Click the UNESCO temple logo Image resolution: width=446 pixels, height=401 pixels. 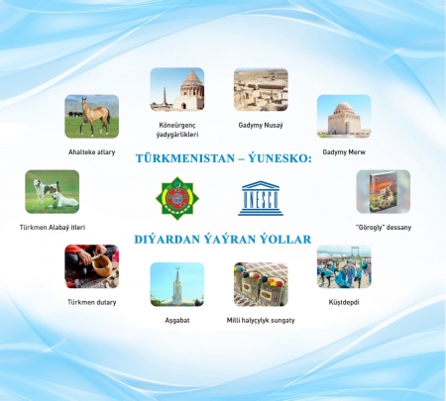coord(261,198)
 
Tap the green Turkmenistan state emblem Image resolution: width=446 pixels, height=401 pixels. coord(177,198)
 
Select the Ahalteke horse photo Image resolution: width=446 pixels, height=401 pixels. coord(91,116)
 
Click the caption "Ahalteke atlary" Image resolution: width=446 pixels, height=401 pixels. coord(91,152)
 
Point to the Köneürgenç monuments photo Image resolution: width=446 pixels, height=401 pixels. coord(177,89)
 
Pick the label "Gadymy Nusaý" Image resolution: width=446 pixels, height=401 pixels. coord(261,126)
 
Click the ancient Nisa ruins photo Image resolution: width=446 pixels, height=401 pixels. coord(261,89)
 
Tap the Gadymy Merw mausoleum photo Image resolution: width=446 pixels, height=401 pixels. coord(344,116)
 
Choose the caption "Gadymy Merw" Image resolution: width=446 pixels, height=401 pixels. coord(344,152)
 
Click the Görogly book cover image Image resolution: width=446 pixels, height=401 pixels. coord(384,191)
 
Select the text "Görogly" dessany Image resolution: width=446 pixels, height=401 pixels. coord(384,228)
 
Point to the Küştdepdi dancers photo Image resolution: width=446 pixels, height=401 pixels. coord(344,266)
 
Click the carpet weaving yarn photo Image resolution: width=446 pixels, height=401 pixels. coord(261,284)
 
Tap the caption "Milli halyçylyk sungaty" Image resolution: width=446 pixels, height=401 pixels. coord(261,320)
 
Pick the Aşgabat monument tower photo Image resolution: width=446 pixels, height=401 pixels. coord(177,284)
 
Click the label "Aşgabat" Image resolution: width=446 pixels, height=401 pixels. coord(177,320)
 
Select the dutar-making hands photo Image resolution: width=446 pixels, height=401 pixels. coord(91,266)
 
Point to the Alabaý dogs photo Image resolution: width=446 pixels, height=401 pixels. coord(52,191)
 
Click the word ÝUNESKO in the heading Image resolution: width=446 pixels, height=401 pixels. coord(280,158)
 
